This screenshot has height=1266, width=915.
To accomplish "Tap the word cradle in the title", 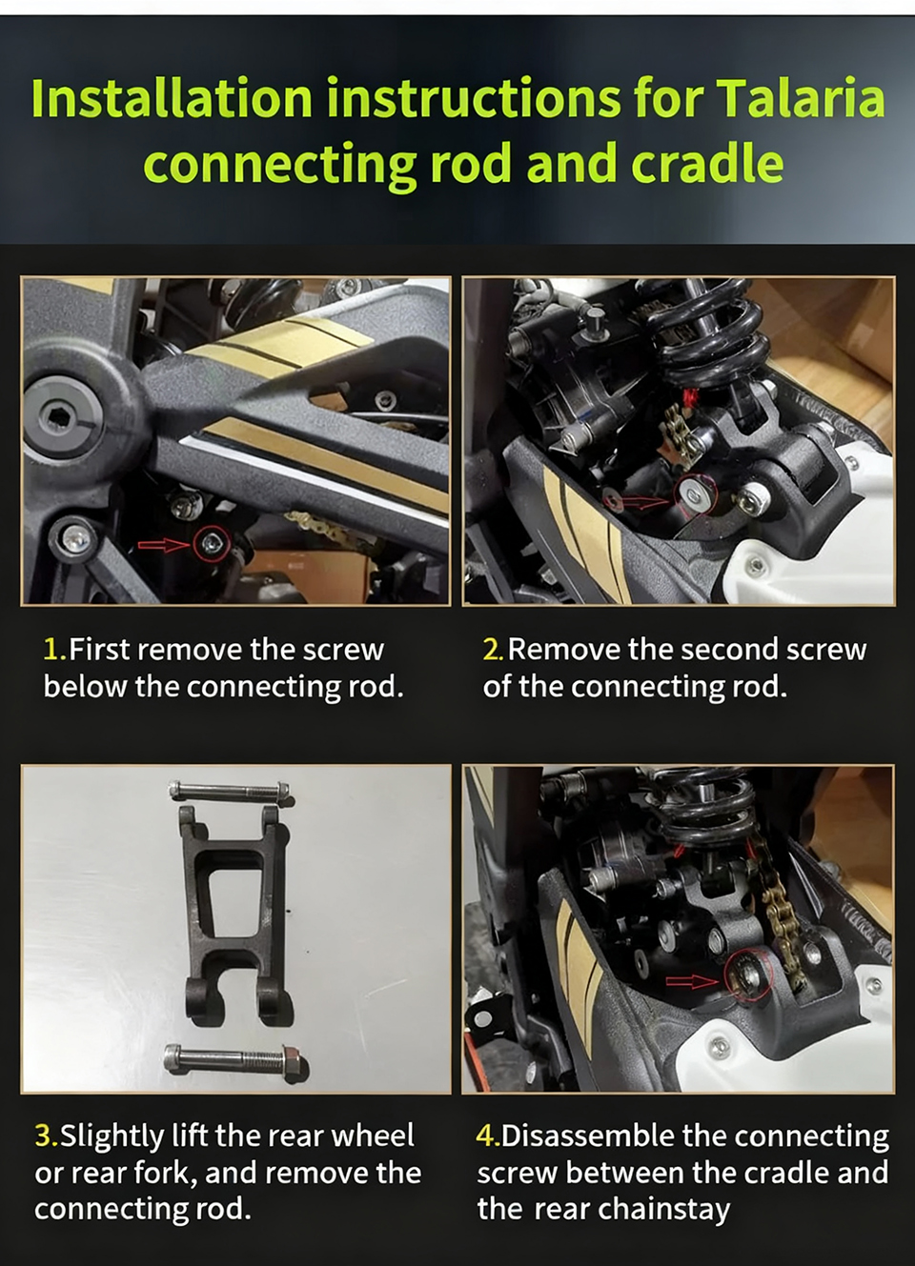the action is click(707, 163).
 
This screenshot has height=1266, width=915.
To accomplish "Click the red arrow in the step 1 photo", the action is click(163, 544).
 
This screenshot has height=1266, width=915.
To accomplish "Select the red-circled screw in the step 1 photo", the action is click(212, 544).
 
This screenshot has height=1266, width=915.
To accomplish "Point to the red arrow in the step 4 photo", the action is click(692, 982).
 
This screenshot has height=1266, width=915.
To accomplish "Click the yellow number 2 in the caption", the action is click(492, 650).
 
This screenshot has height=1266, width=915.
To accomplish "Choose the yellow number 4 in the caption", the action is click(486, 1135).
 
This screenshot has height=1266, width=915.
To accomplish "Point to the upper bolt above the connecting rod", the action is click(230, 789).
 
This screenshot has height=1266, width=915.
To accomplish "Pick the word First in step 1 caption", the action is click(99, 650).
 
